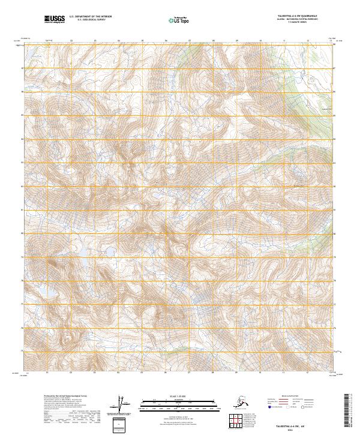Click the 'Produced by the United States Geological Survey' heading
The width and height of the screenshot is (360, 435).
click(59, 396)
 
